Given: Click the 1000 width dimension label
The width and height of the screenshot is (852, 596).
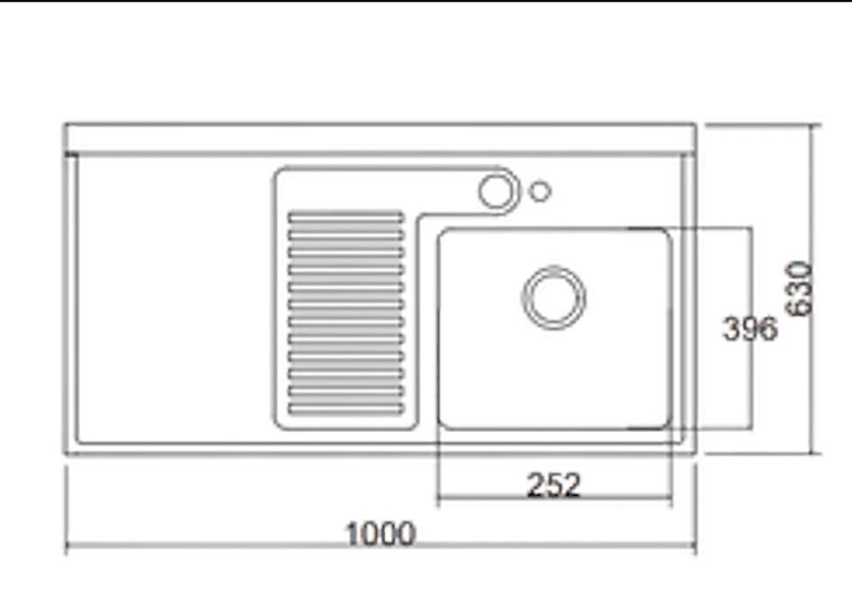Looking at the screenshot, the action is [x=381, y=534].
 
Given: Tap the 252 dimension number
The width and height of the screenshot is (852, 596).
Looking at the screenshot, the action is [x=553, y=484].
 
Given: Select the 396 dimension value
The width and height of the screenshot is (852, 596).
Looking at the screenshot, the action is [x=749, y=329].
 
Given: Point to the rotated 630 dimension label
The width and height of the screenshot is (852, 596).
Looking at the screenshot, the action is [x=799, y=289].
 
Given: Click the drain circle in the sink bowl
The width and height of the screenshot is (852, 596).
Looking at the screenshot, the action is [x=553, y=297].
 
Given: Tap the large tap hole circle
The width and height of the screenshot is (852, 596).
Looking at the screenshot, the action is [x=496, y=192].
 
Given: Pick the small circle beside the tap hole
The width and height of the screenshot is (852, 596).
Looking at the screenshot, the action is [x=540, y=192].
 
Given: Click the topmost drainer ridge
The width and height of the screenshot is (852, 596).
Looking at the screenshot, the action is [x=346, y=218].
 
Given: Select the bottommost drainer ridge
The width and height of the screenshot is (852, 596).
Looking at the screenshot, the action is [x=346, y=409].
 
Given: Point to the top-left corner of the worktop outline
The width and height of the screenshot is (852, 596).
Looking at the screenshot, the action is [x=66, y=124].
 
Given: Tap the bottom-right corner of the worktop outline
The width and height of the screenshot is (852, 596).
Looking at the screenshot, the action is [x=695, y=453].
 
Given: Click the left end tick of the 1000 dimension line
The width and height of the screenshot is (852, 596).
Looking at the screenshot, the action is [x=67, y=545].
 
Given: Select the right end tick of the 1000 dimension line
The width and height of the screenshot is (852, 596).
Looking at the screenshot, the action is [x=695, y=545].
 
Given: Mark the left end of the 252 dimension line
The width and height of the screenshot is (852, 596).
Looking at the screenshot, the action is [x=438, y=497].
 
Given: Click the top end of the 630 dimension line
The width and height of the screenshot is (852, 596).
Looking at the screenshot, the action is [x=812, y=125].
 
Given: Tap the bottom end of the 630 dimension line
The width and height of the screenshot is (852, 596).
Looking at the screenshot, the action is [x=812, y=453].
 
